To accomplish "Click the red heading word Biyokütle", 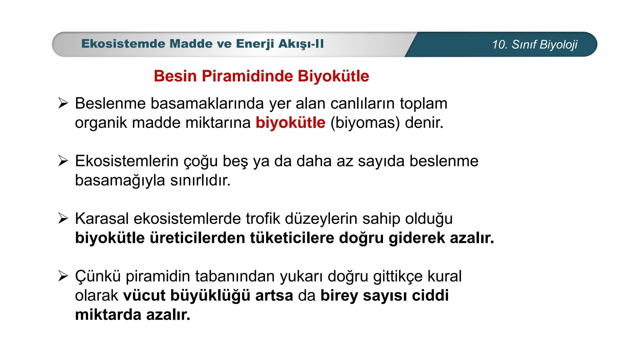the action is [333, 76].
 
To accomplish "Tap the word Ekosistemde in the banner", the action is [123, 44].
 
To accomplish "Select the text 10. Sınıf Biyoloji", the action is [535, 45].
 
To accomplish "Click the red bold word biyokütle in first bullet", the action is [290, 123].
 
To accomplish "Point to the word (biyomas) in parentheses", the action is [365, 123].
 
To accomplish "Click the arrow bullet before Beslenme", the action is [63, 103].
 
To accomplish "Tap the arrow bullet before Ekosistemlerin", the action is [63, 161].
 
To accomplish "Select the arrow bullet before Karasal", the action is [63, 219].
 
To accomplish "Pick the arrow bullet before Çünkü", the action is [63, 276].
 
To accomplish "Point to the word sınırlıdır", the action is [200, 180].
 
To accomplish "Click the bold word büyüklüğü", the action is [210, 296].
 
